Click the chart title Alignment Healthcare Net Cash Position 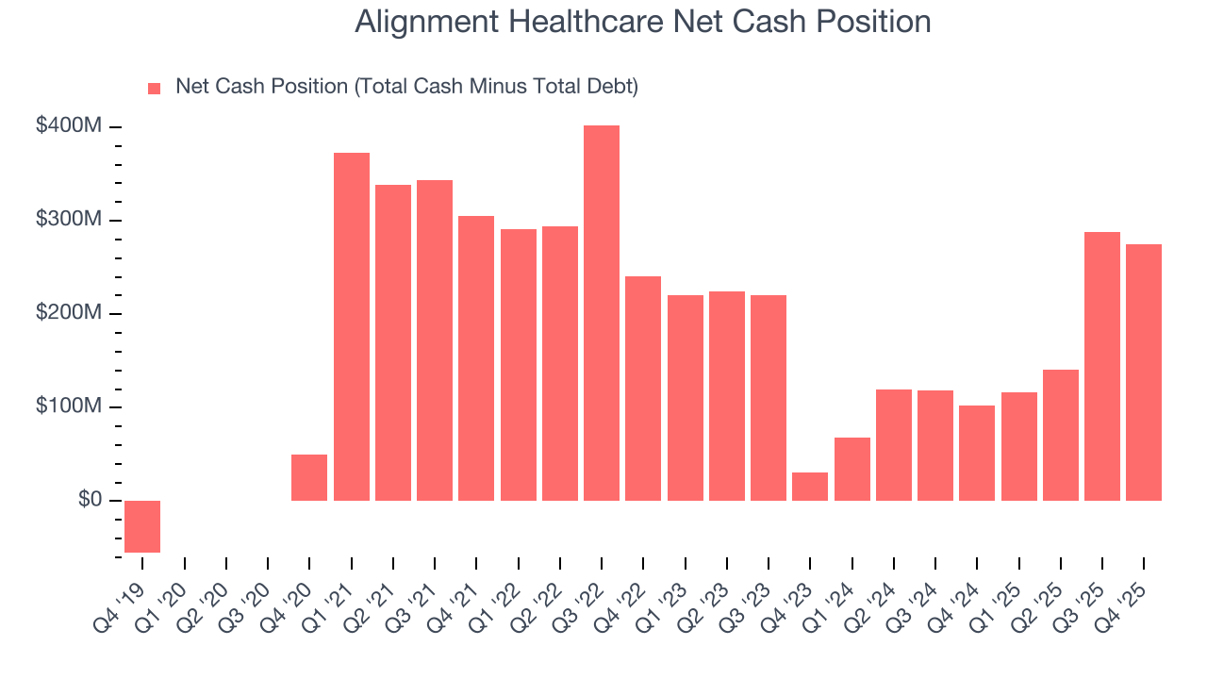click(642, 22)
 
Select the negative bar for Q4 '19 click(142, 526)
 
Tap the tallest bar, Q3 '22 click(602, 313)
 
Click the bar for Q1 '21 click(352, 326)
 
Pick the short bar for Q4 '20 click(309, 478)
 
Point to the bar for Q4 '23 click(810, 487)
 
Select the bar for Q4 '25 click(1143, 373)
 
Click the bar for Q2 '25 click(1060, 435)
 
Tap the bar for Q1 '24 click(852, 469)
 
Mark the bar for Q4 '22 click(643, 389)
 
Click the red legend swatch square click(155, 89)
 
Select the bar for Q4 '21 click(476, 358)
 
